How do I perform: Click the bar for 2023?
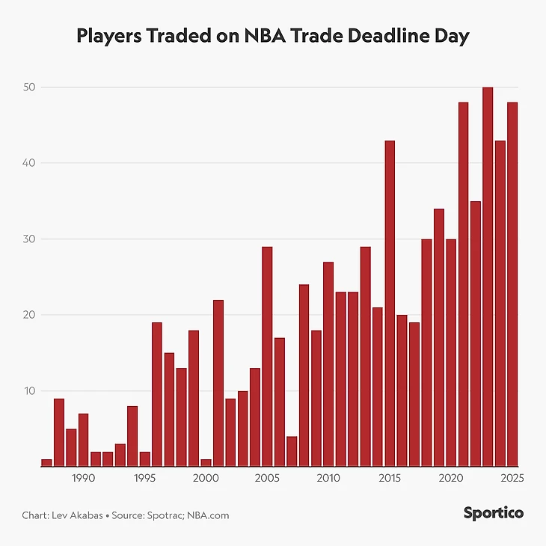488,277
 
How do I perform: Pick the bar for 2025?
512,284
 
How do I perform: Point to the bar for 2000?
206,463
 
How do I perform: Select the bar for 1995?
144,459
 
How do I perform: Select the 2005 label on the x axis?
266,479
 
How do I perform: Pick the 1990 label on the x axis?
83,479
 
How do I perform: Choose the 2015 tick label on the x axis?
389,479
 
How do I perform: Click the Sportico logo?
493,513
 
